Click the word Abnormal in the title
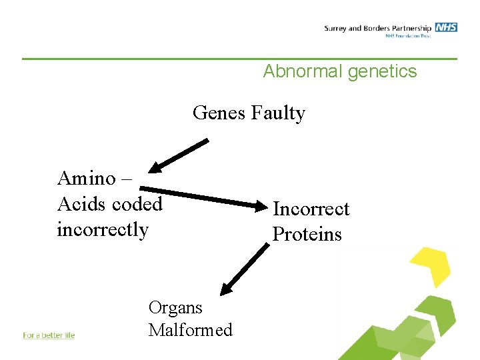coord(302,71)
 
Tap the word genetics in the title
coord(381,71)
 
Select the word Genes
coord(219,113)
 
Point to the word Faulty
coord(278,114)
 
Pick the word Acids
coord(81,203)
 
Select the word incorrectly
coord(103,229)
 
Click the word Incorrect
coord(311,209)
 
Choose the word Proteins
coord(307,234)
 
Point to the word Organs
coord(175,307)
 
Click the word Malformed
coord(191,330)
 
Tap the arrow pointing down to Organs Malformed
coord(244,268)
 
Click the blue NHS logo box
coord(446,27)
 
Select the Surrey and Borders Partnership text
coord(378,28)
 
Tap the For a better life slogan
coord(49,335)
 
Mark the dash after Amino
coord(127,179)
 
